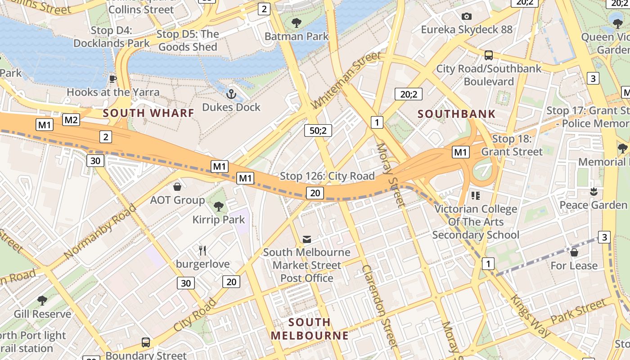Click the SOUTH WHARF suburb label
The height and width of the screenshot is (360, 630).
(x=148, y=113)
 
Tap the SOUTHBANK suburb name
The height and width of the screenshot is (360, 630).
(x=456, y=114)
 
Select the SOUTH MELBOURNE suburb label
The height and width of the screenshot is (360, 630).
(x=310, y=329)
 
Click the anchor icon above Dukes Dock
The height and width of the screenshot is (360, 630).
(x=231, y=94)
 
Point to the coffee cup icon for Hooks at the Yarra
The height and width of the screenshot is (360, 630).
(x=113, y=79)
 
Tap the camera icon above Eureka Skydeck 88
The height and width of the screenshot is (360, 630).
(x=467, y=17)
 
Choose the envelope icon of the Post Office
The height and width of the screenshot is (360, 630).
(x=307, y=239)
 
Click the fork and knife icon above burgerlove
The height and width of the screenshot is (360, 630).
(x=202, y=251)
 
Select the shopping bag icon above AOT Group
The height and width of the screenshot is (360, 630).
(x=177, y=186)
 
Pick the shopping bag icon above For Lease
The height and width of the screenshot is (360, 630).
(x=574, y=252)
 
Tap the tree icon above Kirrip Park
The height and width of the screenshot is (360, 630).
(x=219, y=207)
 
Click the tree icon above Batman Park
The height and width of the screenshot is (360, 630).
(x=297, y=23)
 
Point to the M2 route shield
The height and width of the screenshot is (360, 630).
(x=71, y=120)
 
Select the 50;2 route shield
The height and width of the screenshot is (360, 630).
(x=318, y=130)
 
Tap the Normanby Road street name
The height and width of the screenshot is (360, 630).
(x=99, y=232)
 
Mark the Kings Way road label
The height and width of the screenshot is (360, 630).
(x=530, y=316)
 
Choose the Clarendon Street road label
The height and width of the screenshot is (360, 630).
(x=380, y=306)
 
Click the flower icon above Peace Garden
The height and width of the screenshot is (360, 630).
(x=594, y=192)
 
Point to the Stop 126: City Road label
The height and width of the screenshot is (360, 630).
(x=327, y=176)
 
